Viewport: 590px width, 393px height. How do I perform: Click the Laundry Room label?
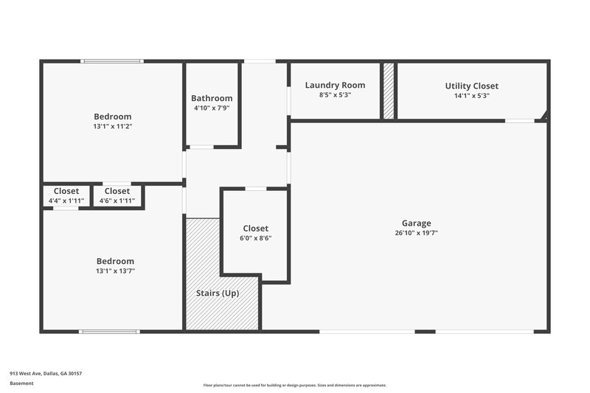click(x=335, y=85)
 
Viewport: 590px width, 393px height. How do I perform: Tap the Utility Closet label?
click(x=472, y=86)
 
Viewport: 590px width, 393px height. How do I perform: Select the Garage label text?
click(x=416, y=223)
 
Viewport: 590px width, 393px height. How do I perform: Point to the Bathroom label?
click(x=212, y=98)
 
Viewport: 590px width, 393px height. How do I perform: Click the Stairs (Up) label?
click(x=217, y=293)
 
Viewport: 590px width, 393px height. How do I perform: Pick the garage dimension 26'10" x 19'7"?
click(x=416, y=233)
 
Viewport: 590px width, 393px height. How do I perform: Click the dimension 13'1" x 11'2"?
click(x=113, y=126)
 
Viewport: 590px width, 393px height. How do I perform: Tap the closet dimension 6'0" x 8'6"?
click(x=255, y=239)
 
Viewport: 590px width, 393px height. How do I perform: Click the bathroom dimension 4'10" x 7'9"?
click(x=212, y=108)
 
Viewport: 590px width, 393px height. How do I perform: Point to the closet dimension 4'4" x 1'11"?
click(x=66, y=201)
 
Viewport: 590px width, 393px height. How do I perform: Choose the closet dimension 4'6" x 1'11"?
click(x=117, y=201)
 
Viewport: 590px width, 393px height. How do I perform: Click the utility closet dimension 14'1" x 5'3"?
click(x=472, y=96)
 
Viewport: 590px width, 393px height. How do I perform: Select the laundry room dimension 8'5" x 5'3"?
click(x=335, y=95)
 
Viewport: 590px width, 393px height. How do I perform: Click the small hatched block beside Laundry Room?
click(x=388, y=90)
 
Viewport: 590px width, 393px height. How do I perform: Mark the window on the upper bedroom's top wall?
click(x=112, y=60)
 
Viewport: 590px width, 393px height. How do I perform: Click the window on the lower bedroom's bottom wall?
click(x=109, y=331)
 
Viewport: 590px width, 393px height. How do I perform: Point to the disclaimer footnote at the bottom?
click(x=295, y=385)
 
